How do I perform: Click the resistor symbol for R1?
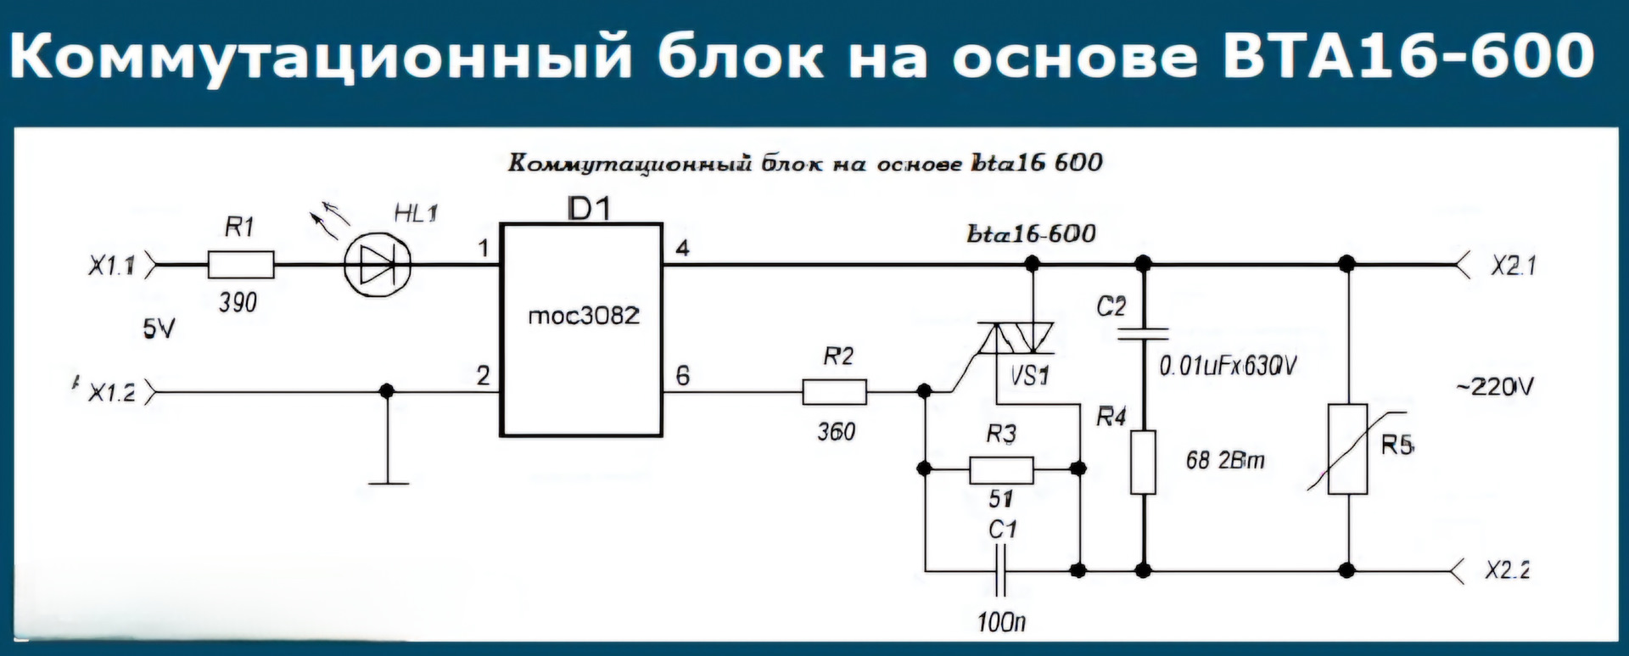tap(241, 265)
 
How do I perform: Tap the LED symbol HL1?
tap(378, 265)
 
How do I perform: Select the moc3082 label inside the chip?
tap(583, 317)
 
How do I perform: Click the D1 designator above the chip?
tap(588, 208)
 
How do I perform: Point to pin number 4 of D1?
tap(682, 249)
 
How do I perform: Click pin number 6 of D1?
tap(682, 374)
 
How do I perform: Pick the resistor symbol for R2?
tap(835, 392)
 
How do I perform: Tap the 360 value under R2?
tap(836, 432)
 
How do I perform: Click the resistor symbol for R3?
tap(1001, 468)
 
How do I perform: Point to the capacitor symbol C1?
tap(1002, 571)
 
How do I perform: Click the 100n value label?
tap(1001, 622)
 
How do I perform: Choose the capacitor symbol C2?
tap(1143, 334)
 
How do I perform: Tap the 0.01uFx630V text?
tap(1228, 367)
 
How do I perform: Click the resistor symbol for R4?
tap(1143, 463)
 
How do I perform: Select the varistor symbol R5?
tap(1347, 449)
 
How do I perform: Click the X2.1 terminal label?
tap(1514, 266)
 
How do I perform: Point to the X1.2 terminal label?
tap(112, 394)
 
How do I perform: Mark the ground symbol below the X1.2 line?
tap(388, 482)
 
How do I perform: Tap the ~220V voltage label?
tap(1495, 388)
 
